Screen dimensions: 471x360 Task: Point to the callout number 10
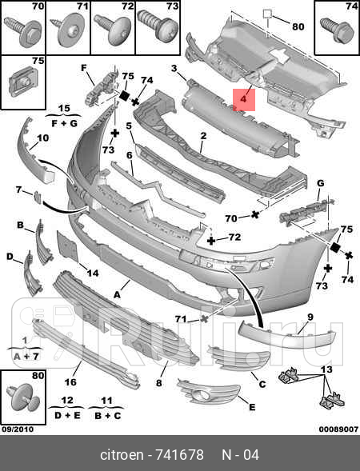(42, 138)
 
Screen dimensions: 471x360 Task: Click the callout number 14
(93, 273)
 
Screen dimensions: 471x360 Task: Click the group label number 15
(64, 107)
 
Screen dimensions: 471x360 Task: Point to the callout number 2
(203, 137)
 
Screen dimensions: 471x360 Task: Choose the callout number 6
(128, 156)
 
